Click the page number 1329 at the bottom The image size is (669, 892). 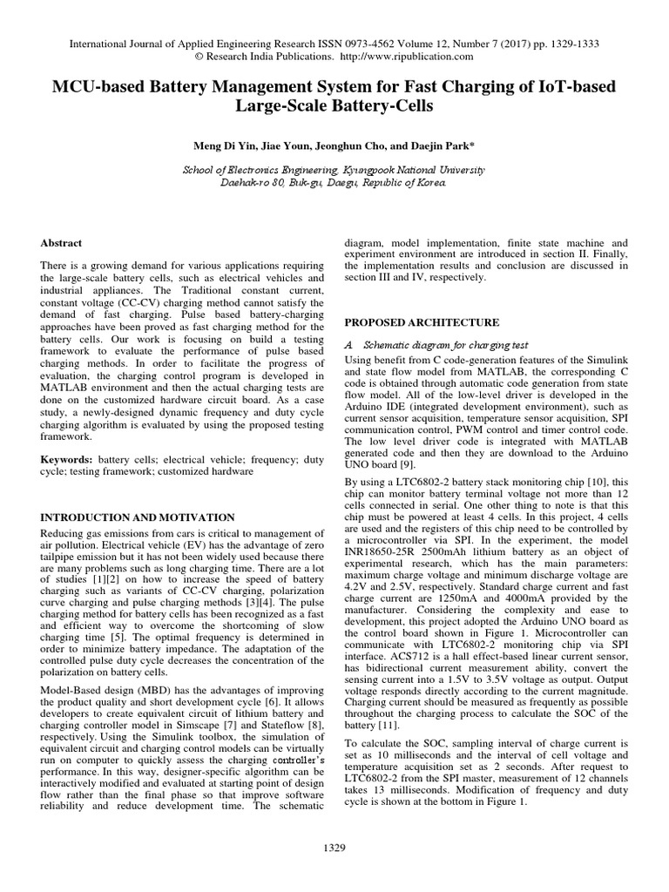click(x=335, y=847)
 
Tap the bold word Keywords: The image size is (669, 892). click(x=68, y=457)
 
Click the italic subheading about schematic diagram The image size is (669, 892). click(x=437, y=344)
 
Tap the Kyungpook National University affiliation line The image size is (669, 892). click(x=334, y=170)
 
